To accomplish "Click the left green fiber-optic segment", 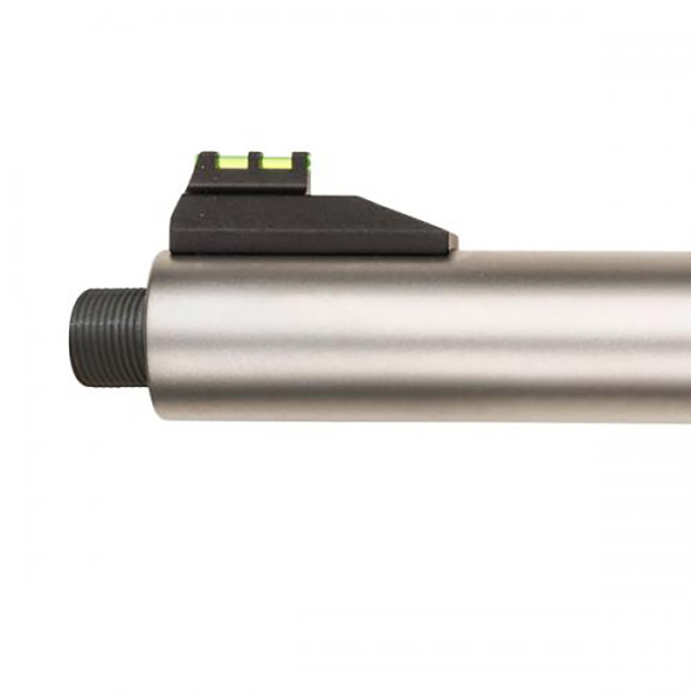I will click(232, 163).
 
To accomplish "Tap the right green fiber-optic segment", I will click(276, 163).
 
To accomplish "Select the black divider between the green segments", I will click(254, 162).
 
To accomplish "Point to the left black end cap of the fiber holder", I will click(205, 163).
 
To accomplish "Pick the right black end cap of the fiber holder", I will click(300, 163).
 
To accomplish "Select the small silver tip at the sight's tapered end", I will click(451, 241).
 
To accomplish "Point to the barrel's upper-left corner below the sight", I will click(158, 259).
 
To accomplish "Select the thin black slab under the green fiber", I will click(252, 183).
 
